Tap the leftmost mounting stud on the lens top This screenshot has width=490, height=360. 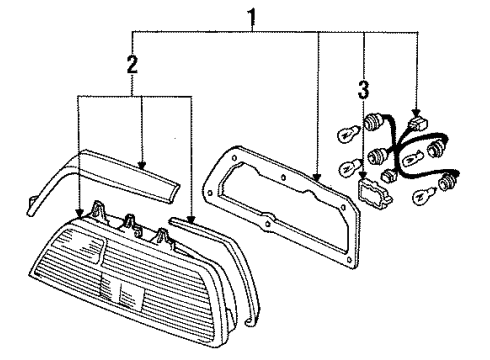click(x=101, y=211)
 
